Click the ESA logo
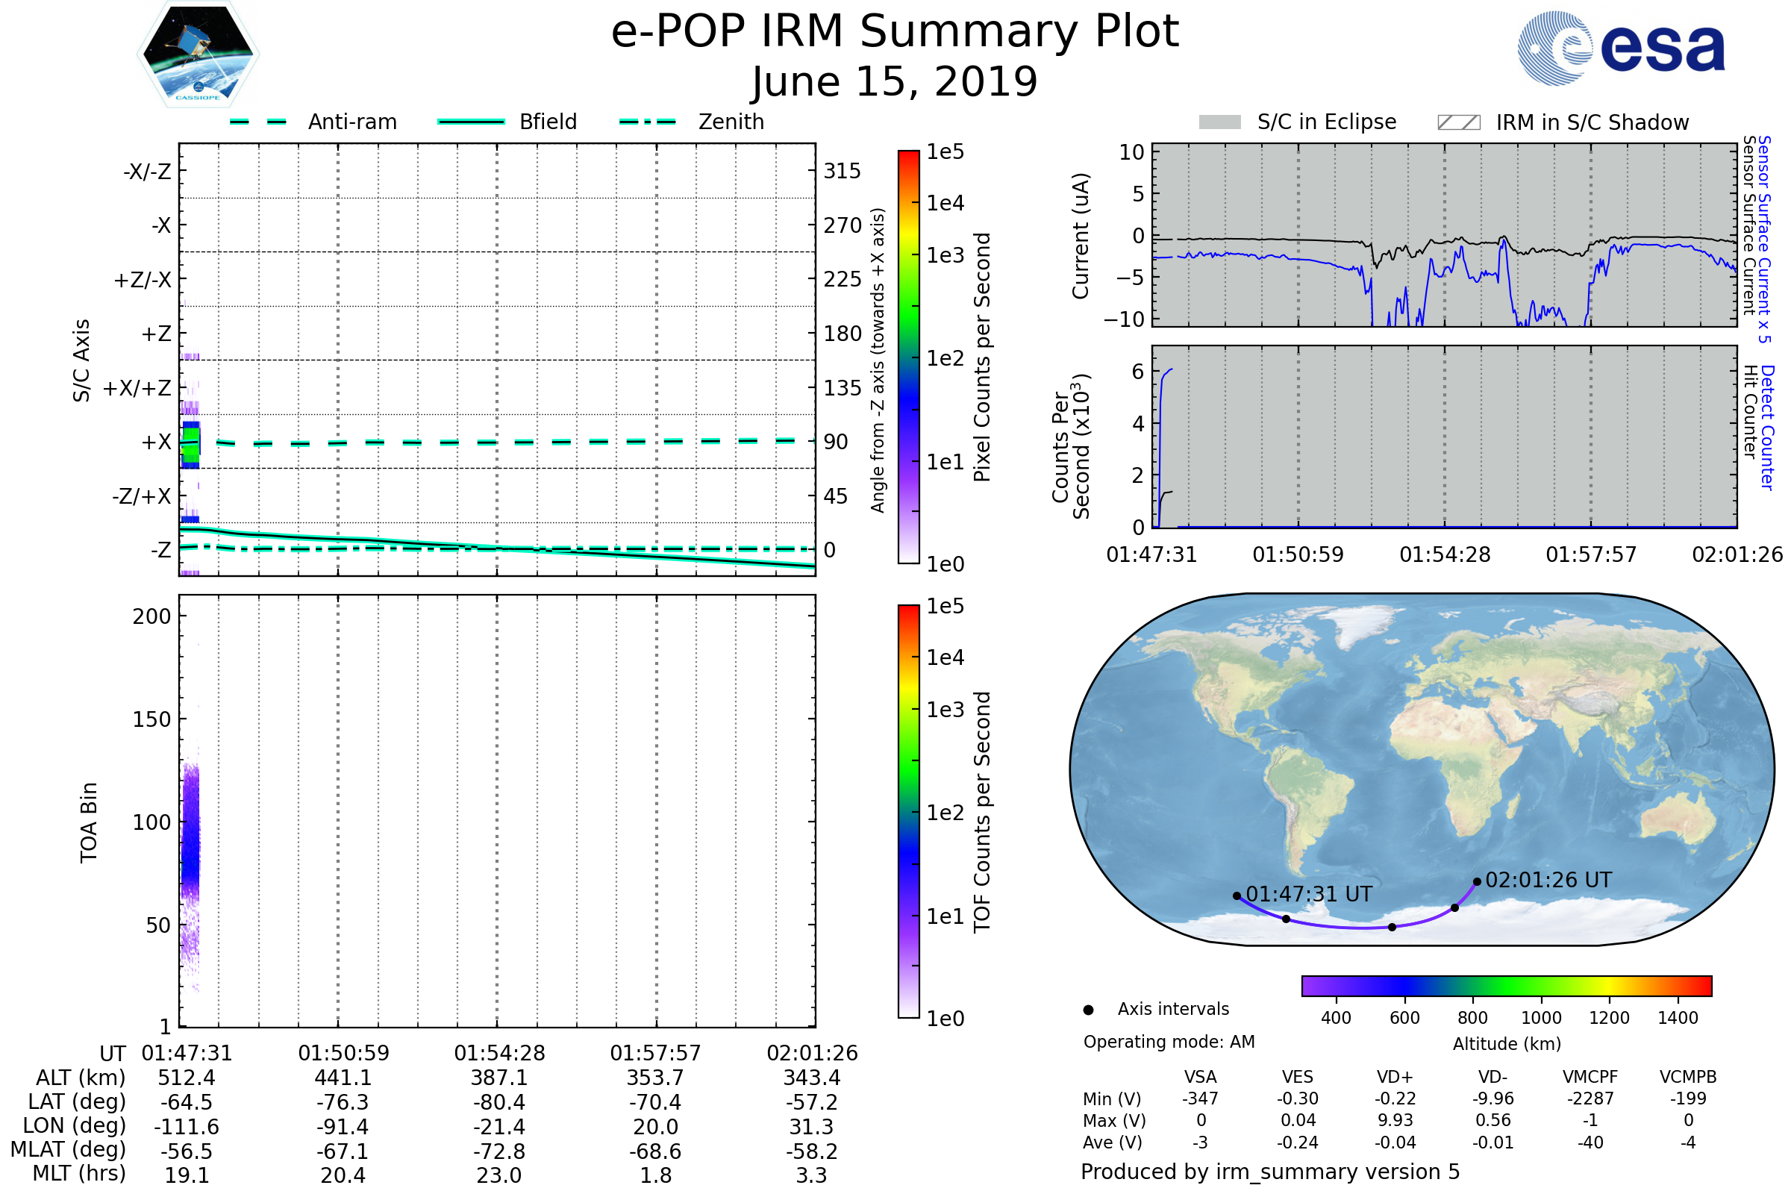1621,48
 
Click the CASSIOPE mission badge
198,54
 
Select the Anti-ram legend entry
313,122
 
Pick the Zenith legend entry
692,122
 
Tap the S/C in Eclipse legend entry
1298,122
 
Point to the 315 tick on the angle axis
843,171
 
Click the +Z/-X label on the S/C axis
143,279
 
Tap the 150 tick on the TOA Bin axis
151,719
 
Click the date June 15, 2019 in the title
895,81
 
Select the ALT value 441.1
343,1078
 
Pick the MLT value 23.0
498,1175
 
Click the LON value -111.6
187,1126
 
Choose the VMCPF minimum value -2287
1590,1098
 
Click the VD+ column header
1395,1077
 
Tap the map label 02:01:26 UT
1548,881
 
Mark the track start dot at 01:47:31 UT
1237,896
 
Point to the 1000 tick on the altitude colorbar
1541,1018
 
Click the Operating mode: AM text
1169,1042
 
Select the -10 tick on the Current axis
1124,319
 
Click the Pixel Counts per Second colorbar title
982,357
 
